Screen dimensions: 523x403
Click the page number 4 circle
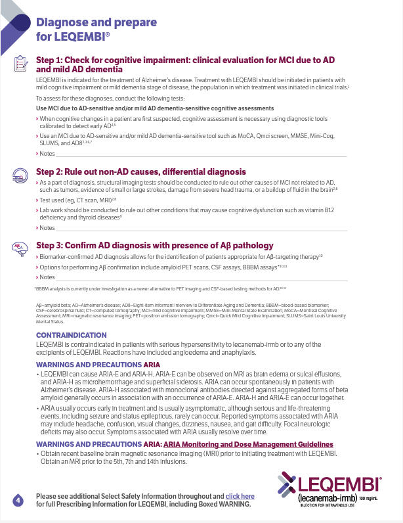[x=18, y=501]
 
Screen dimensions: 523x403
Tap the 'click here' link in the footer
[x=240, y=496]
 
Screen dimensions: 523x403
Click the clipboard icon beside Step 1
[x=20, y=64]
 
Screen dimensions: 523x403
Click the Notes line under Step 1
[x=197, y=154]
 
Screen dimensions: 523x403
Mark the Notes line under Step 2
[x=197, y=228]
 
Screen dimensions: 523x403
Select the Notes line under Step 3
[x=197, y=277]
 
